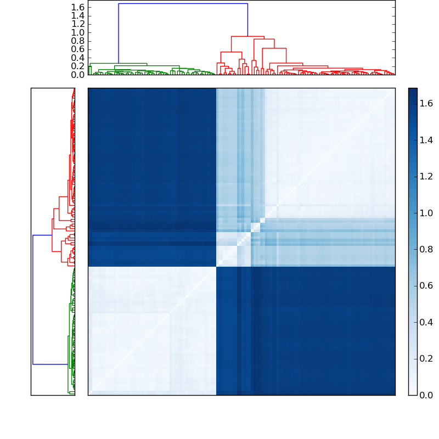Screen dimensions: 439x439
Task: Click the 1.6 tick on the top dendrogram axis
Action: point(78,7)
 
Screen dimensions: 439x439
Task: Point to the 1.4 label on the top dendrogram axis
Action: point(78,15)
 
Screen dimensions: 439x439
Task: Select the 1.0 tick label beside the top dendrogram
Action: point(78,32)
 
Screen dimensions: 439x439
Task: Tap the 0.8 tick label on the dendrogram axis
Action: point(78,41)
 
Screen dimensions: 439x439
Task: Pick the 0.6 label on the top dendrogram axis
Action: point(78,49)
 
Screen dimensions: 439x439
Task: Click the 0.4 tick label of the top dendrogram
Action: point(78,58)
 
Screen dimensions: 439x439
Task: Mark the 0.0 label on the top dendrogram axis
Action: point(78,75)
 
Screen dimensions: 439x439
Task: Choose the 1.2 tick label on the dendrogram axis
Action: point(78,24)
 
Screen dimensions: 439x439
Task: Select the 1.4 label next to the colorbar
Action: point(427,140)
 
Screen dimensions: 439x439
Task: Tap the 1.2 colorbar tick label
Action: point(427,176)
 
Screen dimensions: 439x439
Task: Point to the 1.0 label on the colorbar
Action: point(427,213)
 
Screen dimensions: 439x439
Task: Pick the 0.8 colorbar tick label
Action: point(427,249)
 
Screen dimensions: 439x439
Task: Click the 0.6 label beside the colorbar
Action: point(427,285)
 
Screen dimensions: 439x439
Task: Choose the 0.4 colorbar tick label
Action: point(427,322)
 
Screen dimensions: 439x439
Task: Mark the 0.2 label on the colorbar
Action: point(427,358)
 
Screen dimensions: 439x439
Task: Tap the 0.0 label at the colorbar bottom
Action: point(427,395)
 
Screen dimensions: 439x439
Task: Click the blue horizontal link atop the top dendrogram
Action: point(183,4)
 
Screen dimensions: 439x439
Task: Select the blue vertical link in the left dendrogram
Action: point(33,300)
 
